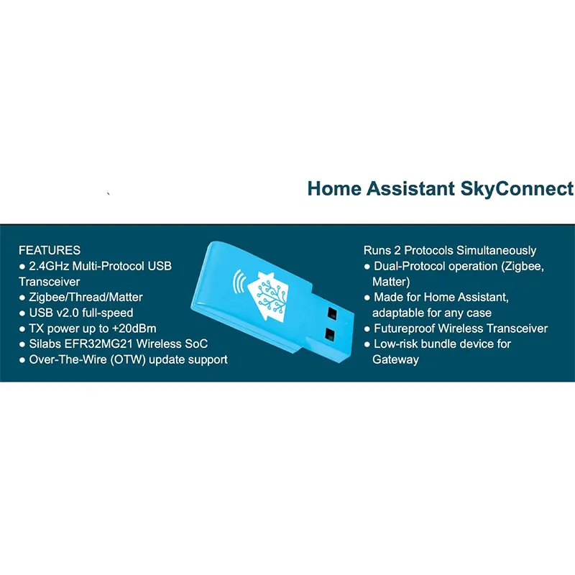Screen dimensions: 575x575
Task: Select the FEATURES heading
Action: tap(50, 251)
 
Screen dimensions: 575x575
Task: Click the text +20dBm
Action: tap(139, 328)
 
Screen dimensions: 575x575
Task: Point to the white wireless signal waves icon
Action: tap(238, 280)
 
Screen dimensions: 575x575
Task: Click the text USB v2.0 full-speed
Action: tap(80, 313)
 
